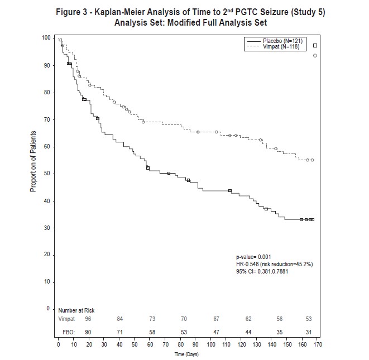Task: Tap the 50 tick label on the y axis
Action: (x=47, y=174)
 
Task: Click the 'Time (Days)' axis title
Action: (x=186, y=354)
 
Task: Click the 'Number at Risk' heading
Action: (x=76, y=310)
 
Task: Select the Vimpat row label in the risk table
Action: (x=66, y=319)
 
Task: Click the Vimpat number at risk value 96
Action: (x=88, y=319)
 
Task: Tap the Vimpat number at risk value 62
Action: (x=248, y=319)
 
